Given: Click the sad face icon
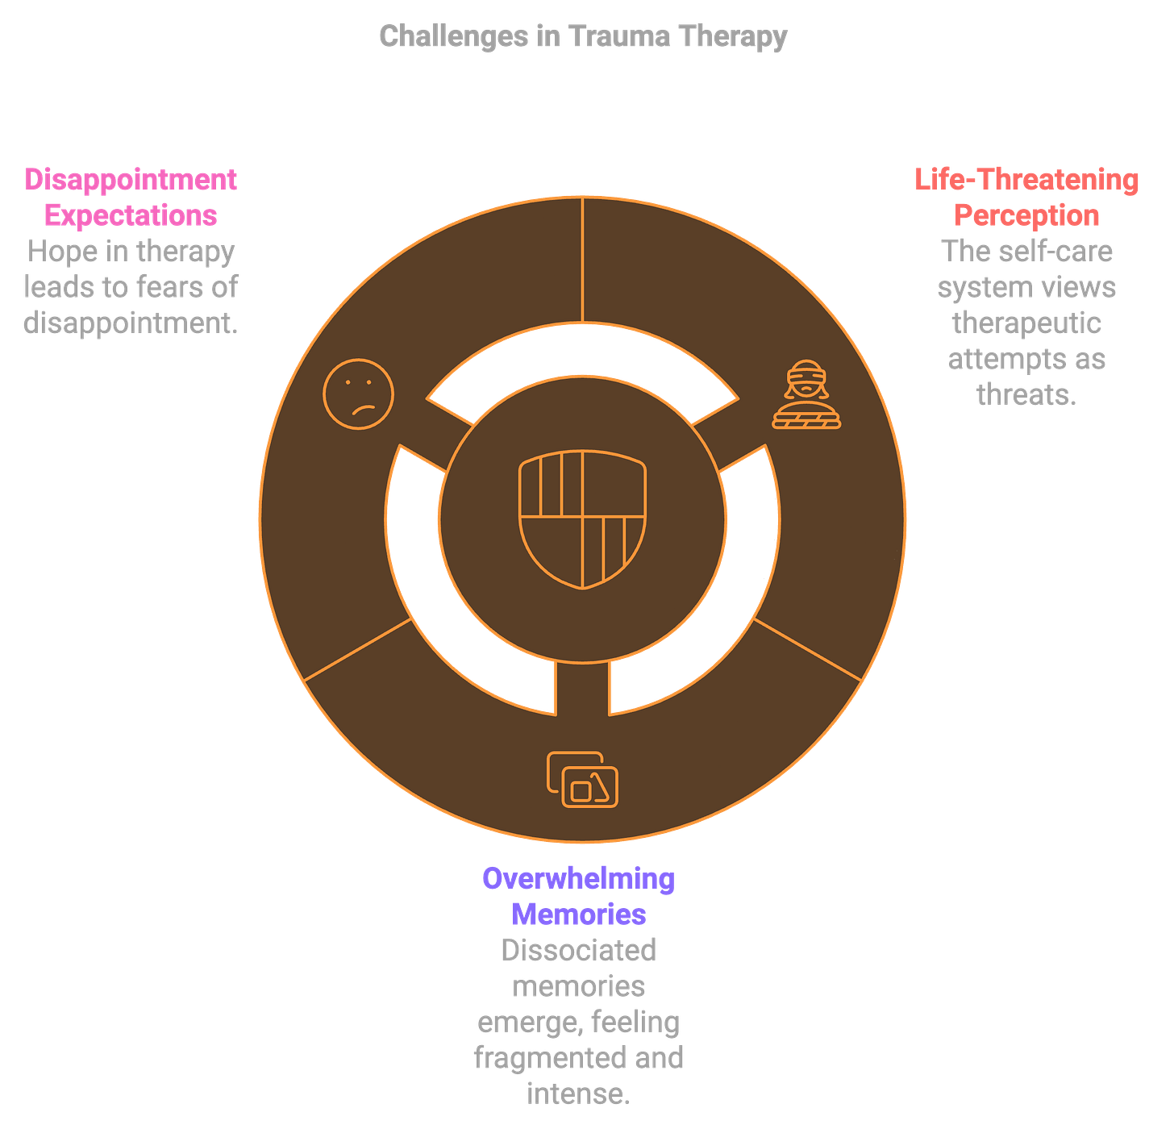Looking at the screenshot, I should [358, 394].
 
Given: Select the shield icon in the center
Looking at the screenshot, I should [582, 519].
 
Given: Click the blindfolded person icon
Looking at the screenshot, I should [806, 394].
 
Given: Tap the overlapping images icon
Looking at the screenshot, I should [582, 779].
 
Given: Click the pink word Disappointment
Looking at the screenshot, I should [131, 179].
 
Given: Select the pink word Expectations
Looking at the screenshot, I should [131, 215].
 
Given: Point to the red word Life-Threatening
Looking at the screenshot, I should [1026, 179].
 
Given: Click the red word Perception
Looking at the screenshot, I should [1026, 215].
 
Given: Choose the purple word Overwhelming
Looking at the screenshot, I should [578, 878].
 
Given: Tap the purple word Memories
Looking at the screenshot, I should [578, 914].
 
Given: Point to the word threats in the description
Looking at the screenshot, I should [1026, 395].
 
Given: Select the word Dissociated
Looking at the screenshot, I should [578, 950].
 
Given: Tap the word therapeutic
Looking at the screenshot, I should [1026, 323].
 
